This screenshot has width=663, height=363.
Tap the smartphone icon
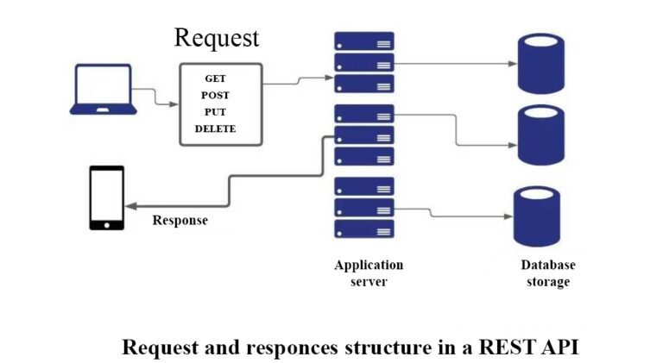[107, 197]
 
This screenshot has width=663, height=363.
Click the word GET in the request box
[215, 78]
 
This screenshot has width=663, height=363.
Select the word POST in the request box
[215, 95]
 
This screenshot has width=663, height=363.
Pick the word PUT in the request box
[215, 112]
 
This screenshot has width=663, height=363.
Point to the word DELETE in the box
[215, 128]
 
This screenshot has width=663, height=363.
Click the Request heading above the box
[216, 38]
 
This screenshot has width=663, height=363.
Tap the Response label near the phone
[180, 220]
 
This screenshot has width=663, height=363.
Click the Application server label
[369, 273]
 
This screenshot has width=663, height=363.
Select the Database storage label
[547, 273]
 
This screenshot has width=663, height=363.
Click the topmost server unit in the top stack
[363, 41]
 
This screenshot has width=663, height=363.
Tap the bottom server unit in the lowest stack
[363, 229]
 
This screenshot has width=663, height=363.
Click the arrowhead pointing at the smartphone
[130, 205]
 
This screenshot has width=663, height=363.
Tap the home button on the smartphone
[107, 224]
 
